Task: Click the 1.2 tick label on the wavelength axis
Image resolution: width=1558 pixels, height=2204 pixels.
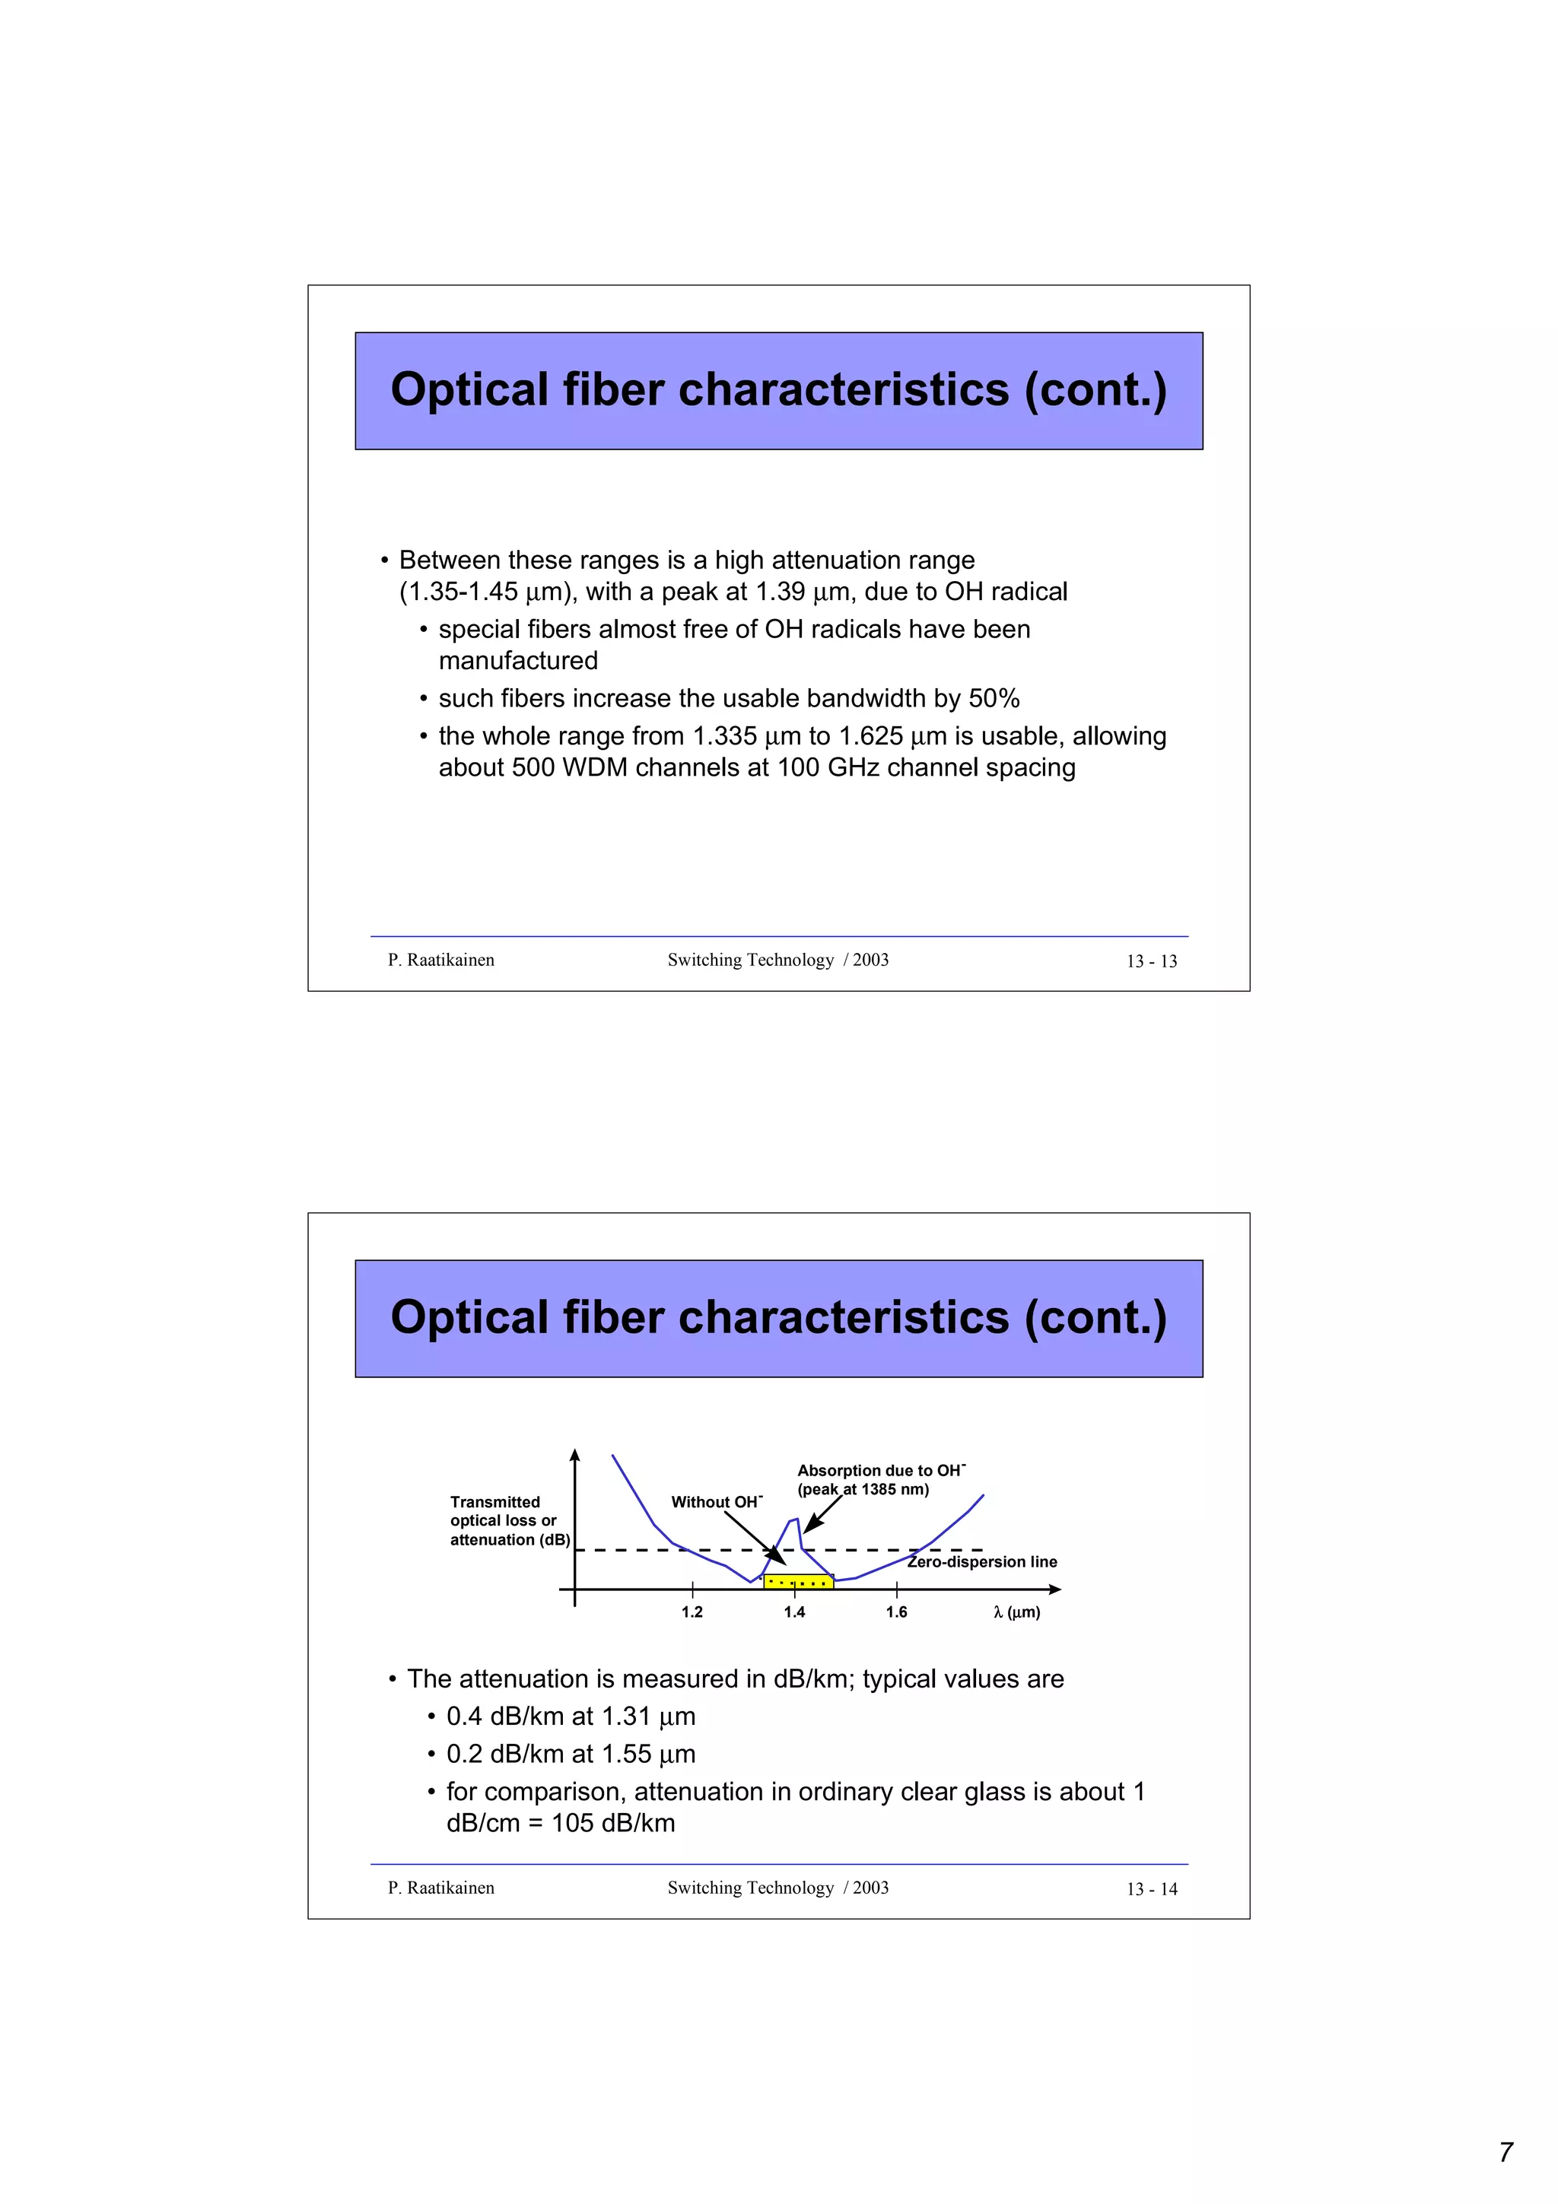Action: tap(692, 1612)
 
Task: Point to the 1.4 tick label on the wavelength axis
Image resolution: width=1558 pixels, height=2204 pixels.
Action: tap(794, 1612)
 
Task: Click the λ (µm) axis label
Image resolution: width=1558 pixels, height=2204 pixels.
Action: tap(1016, 1612)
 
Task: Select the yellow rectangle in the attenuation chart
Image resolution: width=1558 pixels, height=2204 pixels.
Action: tap(798, 1581)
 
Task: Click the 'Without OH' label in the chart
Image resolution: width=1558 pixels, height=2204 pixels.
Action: tap(716, 1501)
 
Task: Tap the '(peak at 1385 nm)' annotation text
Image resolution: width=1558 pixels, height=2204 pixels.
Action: tap(863, 1489)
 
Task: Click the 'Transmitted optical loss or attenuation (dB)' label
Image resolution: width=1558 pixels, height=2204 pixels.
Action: tap(509, 1520)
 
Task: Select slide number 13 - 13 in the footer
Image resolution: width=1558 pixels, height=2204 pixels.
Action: tap(1151, 961)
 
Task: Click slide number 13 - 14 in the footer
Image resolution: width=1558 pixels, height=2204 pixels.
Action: tap(1151, 1889)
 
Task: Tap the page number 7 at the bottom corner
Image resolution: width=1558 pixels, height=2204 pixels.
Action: tap(1506, 2152)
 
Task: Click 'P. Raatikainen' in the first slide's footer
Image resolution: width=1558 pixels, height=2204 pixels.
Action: tap(440, 960)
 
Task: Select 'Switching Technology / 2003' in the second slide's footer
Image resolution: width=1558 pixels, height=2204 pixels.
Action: tap(777, 1887)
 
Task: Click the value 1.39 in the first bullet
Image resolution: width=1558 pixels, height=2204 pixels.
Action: tap(780, 592)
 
